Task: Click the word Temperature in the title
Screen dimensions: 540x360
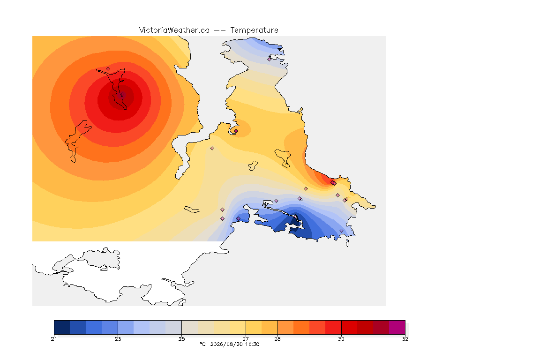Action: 254,30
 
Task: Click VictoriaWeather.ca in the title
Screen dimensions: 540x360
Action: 174,30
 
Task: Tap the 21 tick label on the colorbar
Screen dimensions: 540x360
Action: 54,339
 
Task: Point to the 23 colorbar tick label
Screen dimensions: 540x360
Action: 118,339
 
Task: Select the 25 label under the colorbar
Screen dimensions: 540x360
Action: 182,339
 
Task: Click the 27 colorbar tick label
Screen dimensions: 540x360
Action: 246,339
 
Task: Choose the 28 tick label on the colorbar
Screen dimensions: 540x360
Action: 277,339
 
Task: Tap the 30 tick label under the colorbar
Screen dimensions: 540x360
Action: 341,339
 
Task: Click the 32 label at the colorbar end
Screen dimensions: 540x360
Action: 405,339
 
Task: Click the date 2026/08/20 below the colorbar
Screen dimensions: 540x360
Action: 226,344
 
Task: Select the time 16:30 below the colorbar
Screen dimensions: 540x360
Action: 253,344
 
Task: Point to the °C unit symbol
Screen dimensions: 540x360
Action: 202,344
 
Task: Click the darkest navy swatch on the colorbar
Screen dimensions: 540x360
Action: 62,327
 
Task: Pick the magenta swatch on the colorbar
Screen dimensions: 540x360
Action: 397,327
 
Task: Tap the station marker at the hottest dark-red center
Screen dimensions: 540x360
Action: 121,94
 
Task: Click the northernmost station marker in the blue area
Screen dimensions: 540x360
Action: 270,59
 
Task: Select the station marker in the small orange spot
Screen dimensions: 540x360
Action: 236,131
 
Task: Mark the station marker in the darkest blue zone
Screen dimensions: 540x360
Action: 295,217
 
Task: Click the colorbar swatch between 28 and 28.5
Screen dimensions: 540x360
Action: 285,327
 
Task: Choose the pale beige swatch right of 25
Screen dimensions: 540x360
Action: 190,327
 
